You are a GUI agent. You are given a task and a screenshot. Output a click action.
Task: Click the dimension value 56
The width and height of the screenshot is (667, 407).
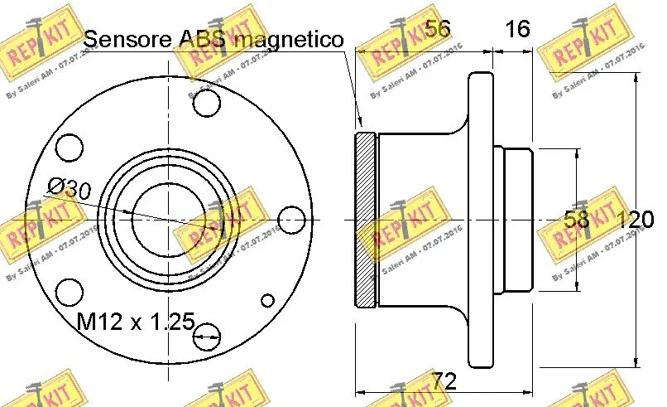click(x=437, y=29)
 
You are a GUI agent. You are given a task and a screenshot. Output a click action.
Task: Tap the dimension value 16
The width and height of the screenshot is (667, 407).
click(x=517, y=29)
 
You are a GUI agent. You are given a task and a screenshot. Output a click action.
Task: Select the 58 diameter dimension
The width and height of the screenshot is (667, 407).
click(x=577, y=220)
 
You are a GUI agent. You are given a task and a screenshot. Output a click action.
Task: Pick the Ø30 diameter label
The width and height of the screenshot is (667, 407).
click(x=70, y=187)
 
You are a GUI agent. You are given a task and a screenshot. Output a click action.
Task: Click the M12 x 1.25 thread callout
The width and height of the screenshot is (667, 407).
click(x=135, y=321)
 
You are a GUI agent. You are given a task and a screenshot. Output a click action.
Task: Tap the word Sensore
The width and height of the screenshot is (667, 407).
click(x=129, y=38)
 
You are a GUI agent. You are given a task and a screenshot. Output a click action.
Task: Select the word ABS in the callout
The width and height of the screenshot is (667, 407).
click(x=204, y=38)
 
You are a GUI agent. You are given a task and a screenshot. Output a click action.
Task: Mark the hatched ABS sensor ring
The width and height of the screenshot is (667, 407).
click(x=365, y=220)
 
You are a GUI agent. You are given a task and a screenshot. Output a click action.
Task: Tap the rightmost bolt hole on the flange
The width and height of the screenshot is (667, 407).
click(x=290, y=220)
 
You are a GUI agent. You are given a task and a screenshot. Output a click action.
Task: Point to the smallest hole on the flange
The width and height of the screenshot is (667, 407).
click(x=266, y=301)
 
